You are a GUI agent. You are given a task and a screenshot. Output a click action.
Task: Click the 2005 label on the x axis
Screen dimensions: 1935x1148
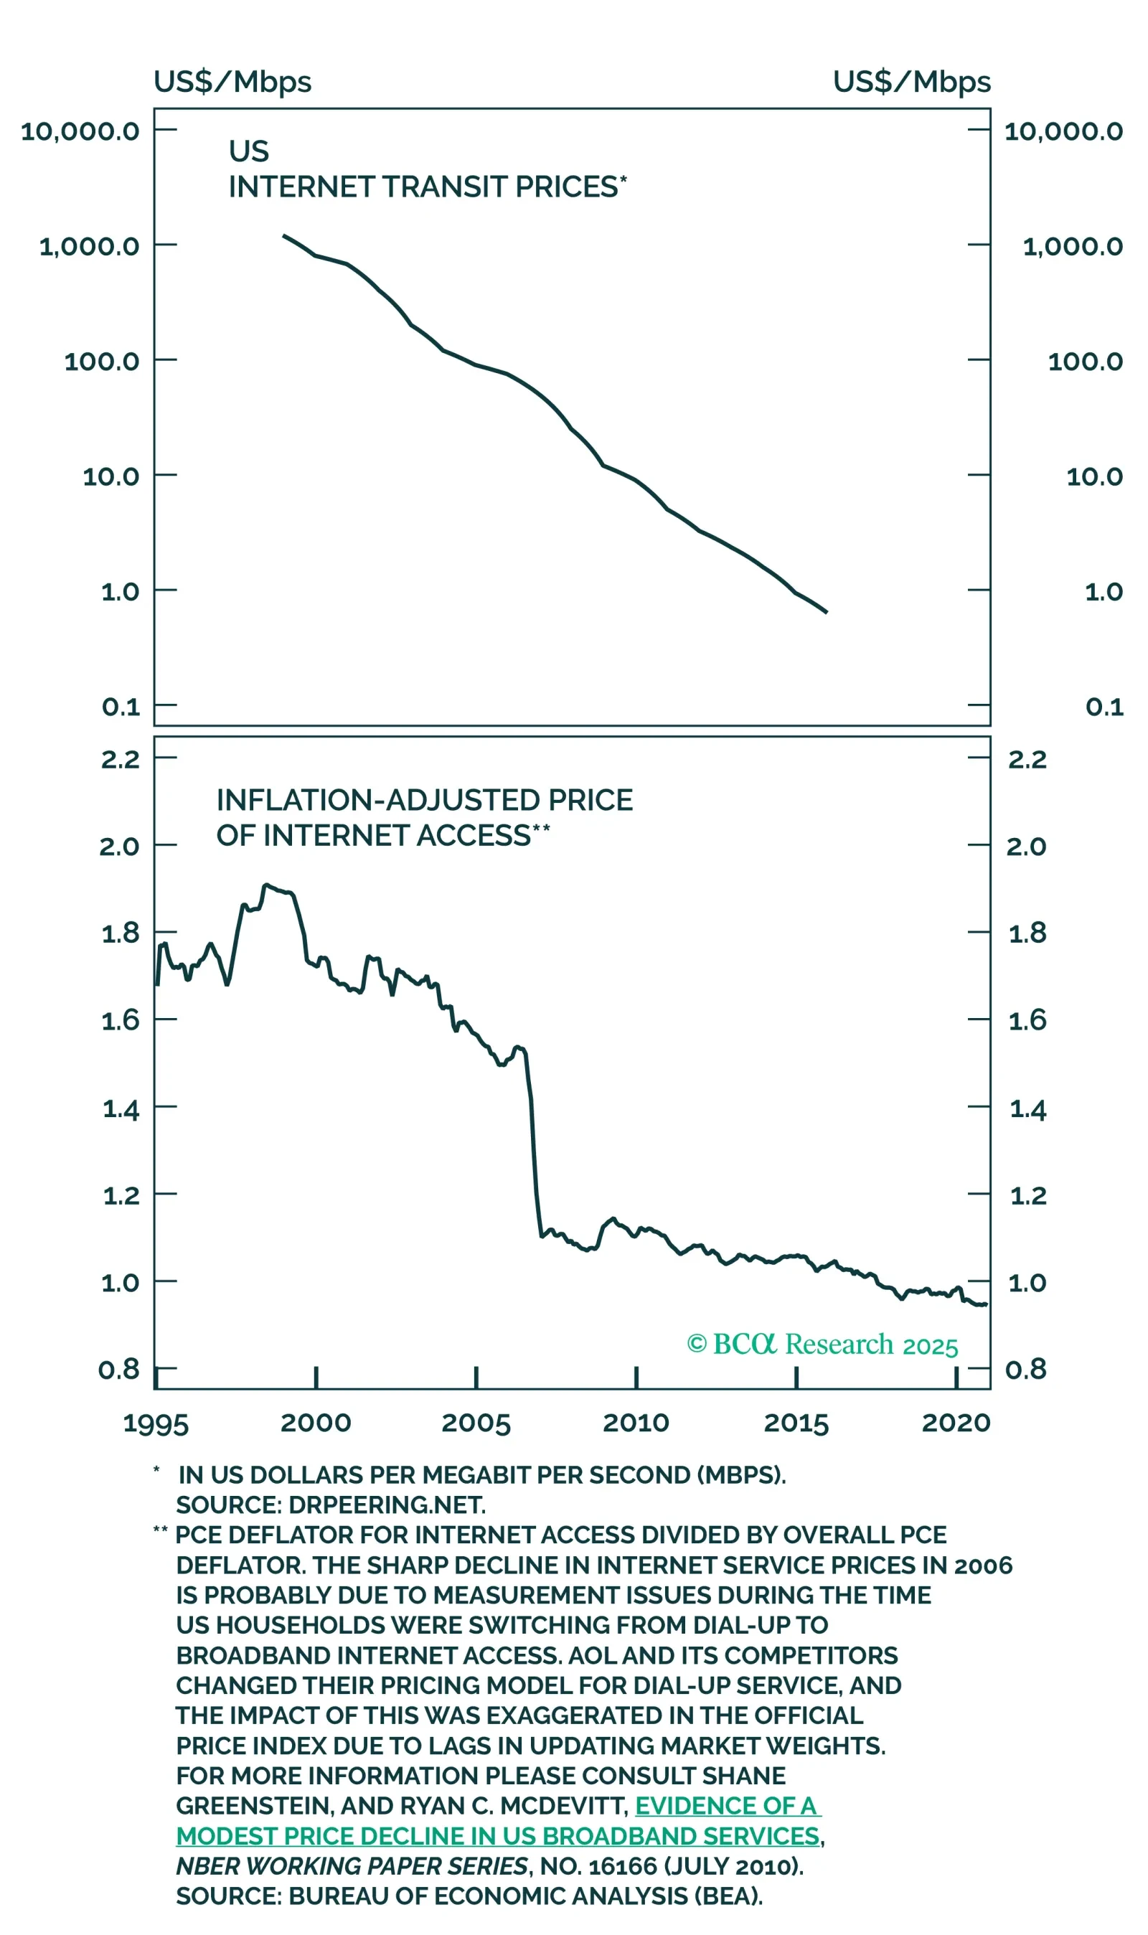[476, 1423]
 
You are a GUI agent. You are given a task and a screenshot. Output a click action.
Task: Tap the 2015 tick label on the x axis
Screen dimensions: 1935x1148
[796, 1423]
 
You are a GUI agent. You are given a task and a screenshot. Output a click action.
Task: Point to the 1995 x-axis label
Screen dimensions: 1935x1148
[156, 1423]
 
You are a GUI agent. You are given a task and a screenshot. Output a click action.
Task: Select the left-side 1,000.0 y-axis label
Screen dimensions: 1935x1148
[89, 247]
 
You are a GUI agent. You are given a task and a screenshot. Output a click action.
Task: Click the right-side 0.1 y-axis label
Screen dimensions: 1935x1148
[1104, 706]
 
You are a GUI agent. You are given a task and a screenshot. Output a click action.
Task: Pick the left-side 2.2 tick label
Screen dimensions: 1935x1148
[121, 760]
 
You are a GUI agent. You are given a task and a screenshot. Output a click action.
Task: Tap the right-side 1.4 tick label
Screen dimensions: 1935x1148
[1028, 1111]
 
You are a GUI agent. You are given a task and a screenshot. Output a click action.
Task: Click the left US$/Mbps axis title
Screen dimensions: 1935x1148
[232, 82]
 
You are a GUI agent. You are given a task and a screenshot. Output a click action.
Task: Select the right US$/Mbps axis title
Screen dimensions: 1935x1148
[911, 82]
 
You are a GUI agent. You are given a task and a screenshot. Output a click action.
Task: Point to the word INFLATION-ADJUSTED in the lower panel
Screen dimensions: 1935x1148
[377, 800]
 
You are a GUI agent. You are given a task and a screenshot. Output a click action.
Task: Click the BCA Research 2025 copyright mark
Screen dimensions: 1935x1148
[822, 1344]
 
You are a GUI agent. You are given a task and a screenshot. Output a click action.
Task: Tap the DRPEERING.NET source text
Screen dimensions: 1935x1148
[387, 1505]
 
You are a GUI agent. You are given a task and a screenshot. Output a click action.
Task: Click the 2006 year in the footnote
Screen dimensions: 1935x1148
[982, 1566]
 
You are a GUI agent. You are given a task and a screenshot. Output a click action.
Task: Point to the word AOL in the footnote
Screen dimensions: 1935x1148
[592, 1655]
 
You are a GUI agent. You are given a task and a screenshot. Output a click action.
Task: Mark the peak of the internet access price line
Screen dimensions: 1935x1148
[265, 885]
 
